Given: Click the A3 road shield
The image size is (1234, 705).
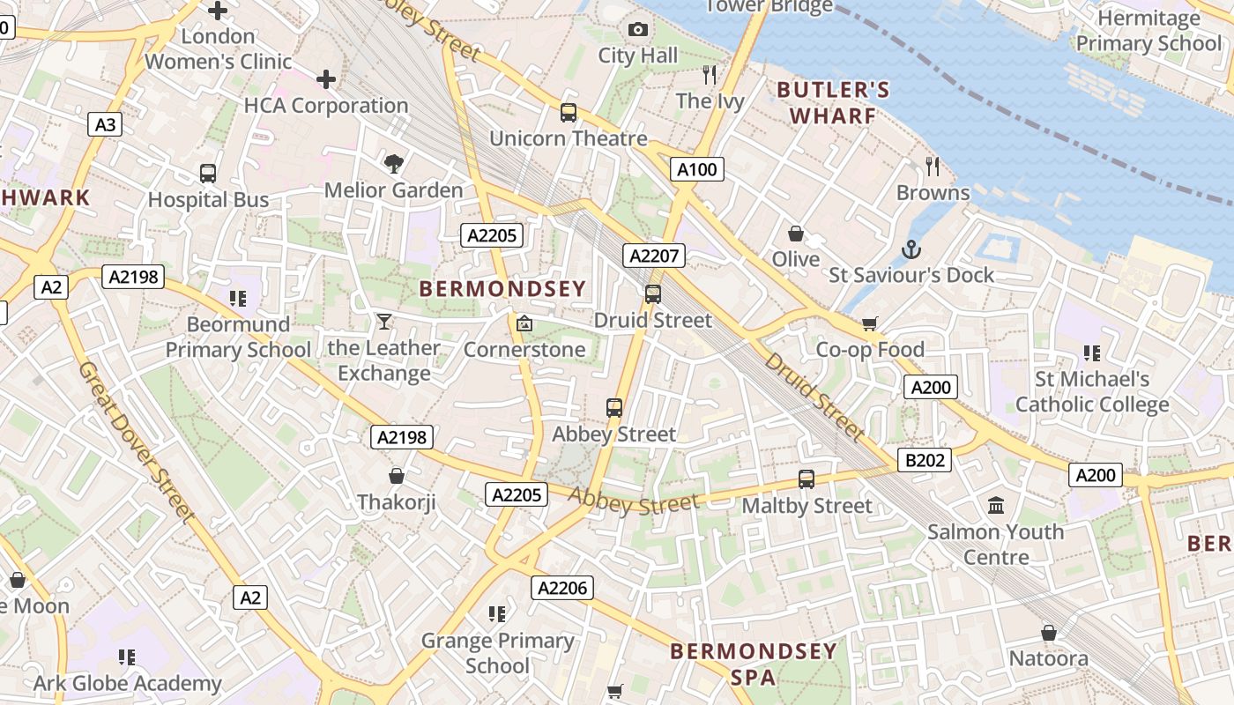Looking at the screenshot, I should (x=105, y=124).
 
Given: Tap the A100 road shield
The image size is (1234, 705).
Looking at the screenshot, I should (x=696, y=169).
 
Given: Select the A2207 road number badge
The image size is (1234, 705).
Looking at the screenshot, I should (x=653, y=256).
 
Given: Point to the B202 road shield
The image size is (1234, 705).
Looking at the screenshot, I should (x=925, y=459).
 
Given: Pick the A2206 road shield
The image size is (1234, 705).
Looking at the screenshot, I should (x=561, y=588).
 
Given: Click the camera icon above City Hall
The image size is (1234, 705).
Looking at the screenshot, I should (x=638, y=30).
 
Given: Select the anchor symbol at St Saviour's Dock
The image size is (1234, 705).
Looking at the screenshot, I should (x=911, y=249).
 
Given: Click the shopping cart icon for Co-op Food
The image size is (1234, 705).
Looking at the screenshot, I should (x=870, y=323).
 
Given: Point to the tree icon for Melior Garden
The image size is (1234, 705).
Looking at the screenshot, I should (x=393, y=163).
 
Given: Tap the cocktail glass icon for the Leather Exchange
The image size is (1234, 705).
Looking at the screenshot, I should (x=383, y=321).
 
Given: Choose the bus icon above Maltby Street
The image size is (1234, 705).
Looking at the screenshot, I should (x=807, y=479).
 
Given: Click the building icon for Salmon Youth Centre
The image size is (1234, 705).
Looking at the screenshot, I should (x=996, y=505).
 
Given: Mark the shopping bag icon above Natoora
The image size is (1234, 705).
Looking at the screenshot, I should (x=1049, y=633).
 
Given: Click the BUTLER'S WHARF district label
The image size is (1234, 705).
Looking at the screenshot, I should (x=833, y=102).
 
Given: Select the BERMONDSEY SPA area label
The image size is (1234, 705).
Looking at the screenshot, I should (x=754, y=664).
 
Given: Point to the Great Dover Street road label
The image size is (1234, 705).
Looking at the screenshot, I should (x=138, y=441).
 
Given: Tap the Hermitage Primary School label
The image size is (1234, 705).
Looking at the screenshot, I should (x=1149, y=31).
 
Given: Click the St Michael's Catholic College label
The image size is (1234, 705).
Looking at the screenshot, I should (x=1092, y=391).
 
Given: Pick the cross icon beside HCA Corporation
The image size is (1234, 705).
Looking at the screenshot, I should (x=326, y=80).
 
